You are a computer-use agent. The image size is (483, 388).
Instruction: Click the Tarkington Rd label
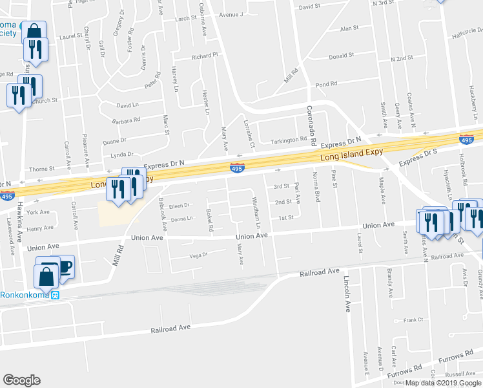tap(289, 140)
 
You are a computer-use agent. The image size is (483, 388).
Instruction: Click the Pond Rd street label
tap(325, 84)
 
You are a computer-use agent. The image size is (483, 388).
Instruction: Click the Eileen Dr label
tap(178, 206)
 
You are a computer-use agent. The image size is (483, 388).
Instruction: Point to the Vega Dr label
tap(198, 255)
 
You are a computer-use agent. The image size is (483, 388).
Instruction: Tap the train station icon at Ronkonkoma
tap(56, 295)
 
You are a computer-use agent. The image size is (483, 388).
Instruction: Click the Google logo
tap(22, 380)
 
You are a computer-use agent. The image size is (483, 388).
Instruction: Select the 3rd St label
tap(281, 186)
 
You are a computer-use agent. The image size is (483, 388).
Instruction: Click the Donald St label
tap(342, 56)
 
